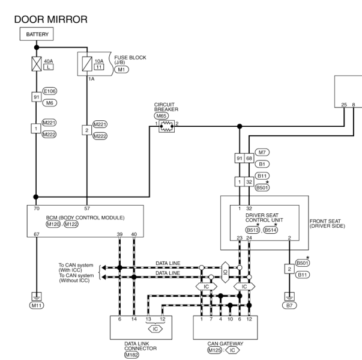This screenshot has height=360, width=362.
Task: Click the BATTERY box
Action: [x=37, y=34]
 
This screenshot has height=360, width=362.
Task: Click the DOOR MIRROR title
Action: [x=51, y=19]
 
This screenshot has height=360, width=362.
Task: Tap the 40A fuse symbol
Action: [x=37, y=64]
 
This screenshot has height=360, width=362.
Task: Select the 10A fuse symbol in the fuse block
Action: [x=87, y=64]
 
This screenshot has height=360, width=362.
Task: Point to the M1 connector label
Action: [x=121, y=70]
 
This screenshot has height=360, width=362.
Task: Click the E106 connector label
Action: [x=50, y=91]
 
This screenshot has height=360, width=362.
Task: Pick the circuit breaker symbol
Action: [x=167, y=126]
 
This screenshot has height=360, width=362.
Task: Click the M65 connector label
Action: [x=161, y=116]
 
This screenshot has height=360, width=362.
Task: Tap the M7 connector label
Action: [x=262, y=152]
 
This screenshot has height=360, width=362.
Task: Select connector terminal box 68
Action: [x=249, y=158]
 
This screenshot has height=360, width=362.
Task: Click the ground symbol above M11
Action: [x=37, y=296]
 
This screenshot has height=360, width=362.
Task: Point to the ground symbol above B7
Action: [x=289, y=296]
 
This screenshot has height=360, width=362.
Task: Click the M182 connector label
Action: [x=131, y=355]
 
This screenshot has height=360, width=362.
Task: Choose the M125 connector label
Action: [x=214, y=350]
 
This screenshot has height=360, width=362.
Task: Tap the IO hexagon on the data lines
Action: [x=225, y=272]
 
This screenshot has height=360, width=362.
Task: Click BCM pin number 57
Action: [x=87, y=209]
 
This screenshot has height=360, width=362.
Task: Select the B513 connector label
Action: [x=253, y=230]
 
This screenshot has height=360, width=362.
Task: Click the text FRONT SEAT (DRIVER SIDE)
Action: [x=327, y=224]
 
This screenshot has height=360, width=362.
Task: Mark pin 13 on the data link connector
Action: [x=148, y=319]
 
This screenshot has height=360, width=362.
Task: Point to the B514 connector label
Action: [x=270, y=230]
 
